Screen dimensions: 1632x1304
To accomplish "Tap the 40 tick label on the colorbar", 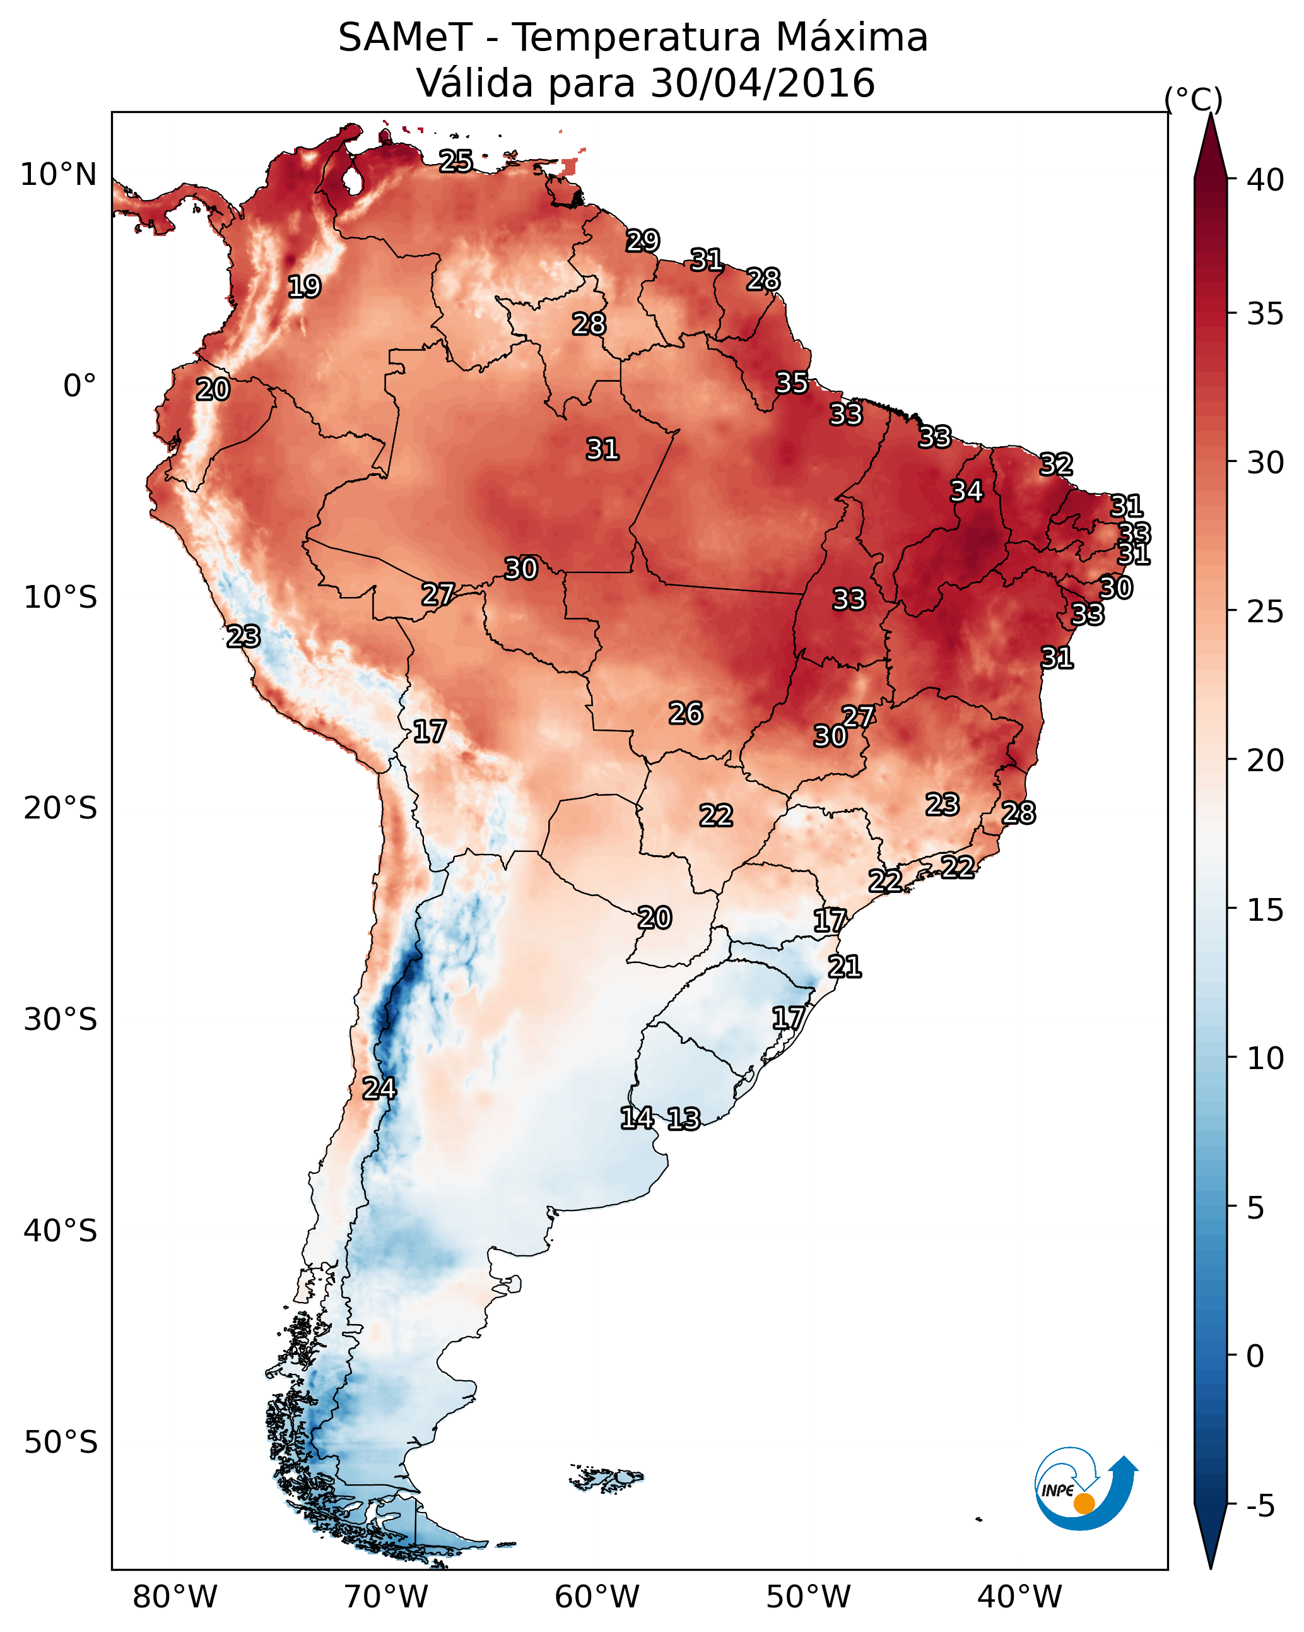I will point(1265,180).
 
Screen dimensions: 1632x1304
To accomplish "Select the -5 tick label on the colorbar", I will point(1260,1506).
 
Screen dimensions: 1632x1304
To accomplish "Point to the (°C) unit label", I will point(1193,99).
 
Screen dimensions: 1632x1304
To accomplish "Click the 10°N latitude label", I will point(58,175).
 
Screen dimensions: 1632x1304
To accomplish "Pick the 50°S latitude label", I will point(61,1443).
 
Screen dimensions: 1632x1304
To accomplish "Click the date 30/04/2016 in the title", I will point(763,83).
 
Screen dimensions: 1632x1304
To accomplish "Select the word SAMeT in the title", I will point(405,38).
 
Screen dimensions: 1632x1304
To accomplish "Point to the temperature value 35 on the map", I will point(792,383).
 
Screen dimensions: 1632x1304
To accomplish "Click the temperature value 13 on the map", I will point(683,1119).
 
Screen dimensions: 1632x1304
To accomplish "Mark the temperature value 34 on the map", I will point(966,491).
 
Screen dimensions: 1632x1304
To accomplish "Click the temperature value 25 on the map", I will point(455,161).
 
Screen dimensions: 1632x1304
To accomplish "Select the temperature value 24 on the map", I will point(379,1089).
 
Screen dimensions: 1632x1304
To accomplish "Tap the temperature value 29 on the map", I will point(643,240).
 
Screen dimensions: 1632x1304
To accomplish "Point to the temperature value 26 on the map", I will point(686,713).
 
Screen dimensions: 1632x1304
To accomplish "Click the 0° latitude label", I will point(79,386).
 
